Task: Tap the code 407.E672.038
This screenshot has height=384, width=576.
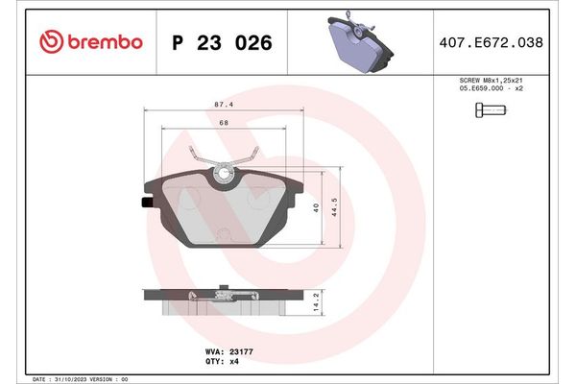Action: [498, 42]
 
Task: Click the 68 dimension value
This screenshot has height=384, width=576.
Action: [223, 122]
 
